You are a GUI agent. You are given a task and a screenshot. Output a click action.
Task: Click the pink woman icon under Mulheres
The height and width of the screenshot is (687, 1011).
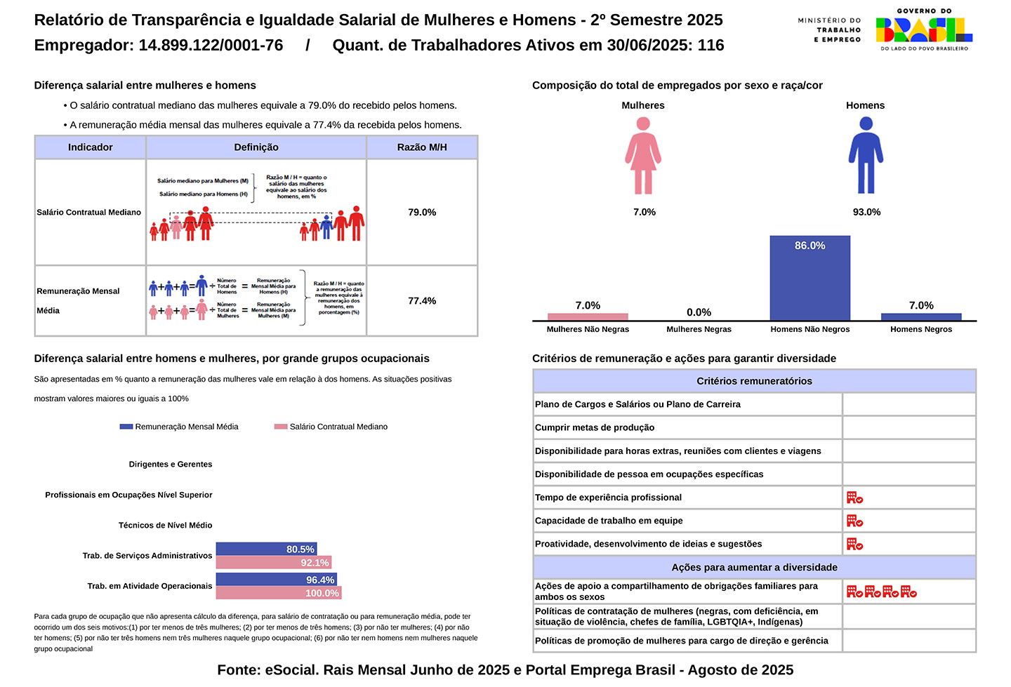pos(643,156)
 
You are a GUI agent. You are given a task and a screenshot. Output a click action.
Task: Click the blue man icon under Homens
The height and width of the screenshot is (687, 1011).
pos(866,156)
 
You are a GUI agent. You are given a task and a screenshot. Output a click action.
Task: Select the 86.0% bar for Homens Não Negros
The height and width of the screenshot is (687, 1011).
pos(810,278)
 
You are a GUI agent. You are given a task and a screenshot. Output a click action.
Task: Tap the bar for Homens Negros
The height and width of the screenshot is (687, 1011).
pos(920,317)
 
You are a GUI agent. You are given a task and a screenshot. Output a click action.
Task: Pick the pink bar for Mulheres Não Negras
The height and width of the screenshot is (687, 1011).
pos(588,317)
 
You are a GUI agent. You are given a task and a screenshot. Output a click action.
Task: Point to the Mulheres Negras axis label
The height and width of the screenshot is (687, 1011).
pos(699,329)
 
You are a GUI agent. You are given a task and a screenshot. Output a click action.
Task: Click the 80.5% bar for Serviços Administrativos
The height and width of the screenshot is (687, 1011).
pos(266,549)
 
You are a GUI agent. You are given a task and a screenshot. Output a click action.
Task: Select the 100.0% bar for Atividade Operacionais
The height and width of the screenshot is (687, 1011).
pos(278,593)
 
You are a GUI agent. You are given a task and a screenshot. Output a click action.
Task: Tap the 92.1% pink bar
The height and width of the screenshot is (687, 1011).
pos(273,562)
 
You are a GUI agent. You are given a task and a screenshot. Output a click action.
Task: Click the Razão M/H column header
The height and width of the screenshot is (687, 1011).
pos(422,147)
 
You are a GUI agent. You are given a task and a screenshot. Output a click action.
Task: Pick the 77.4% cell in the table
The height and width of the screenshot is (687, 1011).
pos(422,300)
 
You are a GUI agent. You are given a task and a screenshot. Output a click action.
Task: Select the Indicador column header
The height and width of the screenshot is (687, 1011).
pos(90,147)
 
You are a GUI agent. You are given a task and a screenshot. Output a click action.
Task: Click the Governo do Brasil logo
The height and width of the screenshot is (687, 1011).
pos(923,29)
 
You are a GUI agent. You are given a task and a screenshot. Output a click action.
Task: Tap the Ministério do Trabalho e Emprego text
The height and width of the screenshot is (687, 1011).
pos(829,30)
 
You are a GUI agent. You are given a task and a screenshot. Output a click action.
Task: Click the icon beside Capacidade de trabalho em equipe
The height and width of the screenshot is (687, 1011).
pos(854,521)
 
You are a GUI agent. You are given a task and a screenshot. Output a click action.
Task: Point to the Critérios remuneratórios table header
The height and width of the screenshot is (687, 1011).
pos(754,381)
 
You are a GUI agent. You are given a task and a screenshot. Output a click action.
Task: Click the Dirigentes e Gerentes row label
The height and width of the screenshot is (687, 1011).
pos(171,465)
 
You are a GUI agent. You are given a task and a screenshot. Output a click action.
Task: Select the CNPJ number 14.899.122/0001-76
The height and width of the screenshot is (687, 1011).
pos(211,46)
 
